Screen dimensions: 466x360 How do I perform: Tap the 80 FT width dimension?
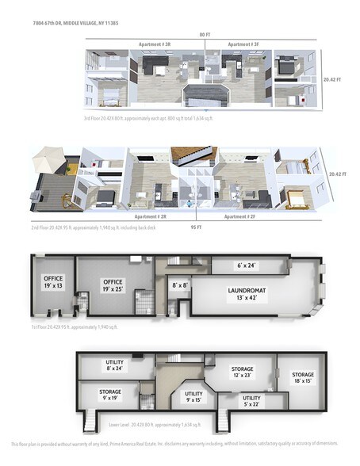tap(204, 35)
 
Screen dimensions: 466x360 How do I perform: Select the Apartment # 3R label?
tap(155, 44)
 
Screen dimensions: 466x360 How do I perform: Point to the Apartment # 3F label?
tap(243, 44)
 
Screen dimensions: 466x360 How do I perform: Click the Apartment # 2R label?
tap(150, 216)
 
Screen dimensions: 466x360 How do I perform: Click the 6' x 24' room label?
tap(248, 265)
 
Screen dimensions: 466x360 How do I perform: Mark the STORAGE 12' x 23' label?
tap(242, 372)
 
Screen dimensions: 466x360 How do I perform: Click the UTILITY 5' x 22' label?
tap(251, 401)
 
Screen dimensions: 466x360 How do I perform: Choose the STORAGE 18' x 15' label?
tap(302, 377)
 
